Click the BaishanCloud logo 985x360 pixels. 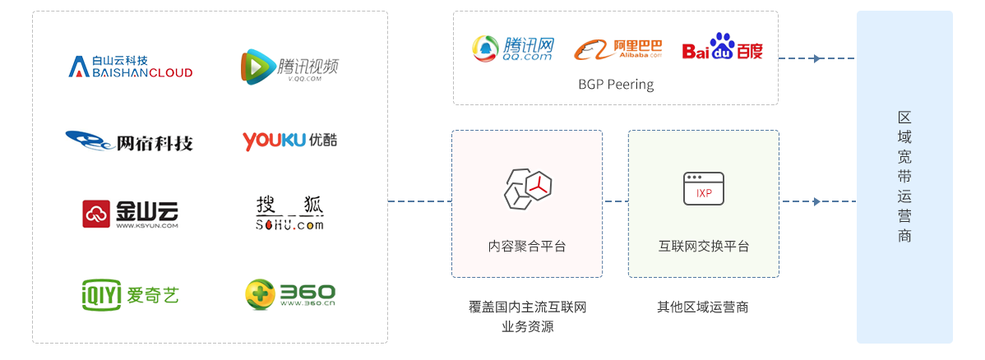pos(131,67)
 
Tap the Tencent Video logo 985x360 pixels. pos(289,67)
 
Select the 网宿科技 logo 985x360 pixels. pos(130,141)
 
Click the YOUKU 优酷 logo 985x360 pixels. pos(289,141)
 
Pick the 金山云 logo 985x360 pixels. pos(131,214)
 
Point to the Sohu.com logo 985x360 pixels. pos(290,213)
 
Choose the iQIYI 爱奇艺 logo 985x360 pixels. pos(130,293)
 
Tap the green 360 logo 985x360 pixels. pos(290,293)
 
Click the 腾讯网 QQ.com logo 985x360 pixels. pos(513,48)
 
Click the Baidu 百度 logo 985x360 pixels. pos(722,48)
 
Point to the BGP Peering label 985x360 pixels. pos(616,85)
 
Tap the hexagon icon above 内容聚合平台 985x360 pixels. pos(527,187)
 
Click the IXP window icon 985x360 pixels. pos(704,188)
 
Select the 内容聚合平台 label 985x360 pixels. pos(527,246)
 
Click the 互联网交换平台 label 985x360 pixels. pos(704,246)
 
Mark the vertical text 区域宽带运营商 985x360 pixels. pos(904,177)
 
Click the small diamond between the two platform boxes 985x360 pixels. pos(615,201)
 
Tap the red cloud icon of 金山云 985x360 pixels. pos(96,214)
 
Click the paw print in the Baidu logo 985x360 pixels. pos(723,42)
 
